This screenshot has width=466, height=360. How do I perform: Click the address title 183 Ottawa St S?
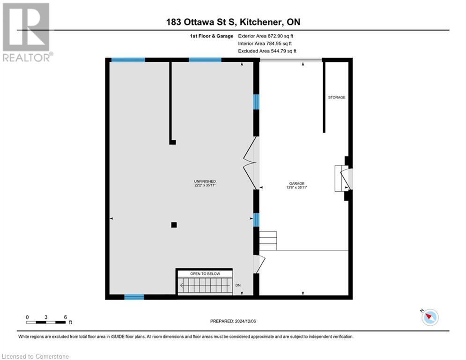tap(233, 22)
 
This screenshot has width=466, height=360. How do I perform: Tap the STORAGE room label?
tap(336, 97)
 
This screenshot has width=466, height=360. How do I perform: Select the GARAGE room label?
tap(296, 183)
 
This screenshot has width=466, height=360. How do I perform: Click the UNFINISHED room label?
tap(205, 181)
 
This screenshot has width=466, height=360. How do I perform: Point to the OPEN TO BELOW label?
tap(204, 274)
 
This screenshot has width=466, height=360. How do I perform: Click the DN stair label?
tap(238, 285)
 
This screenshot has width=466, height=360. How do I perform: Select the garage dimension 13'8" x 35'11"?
tap(296, 187)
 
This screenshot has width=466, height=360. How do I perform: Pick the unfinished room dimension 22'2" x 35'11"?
tap(205, 186)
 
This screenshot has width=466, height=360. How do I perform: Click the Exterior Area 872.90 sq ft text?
tap(266, 36)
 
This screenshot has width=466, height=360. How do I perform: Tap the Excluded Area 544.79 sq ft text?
tap(267, 51)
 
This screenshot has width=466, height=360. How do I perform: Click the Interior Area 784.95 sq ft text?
tap(266, 43)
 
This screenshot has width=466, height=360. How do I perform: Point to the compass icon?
tap(429, 317)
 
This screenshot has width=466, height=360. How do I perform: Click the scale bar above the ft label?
tap(46, 322)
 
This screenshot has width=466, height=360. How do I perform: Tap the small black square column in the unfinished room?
tap(174, 225)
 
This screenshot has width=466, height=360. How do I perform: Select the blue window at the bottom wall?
tap(134, 297)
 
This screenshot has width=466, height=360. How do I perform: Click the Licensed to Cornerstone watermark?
tap(36, 356)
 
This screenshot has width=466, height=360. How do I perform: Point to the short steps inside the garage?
tap(268, 241)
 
